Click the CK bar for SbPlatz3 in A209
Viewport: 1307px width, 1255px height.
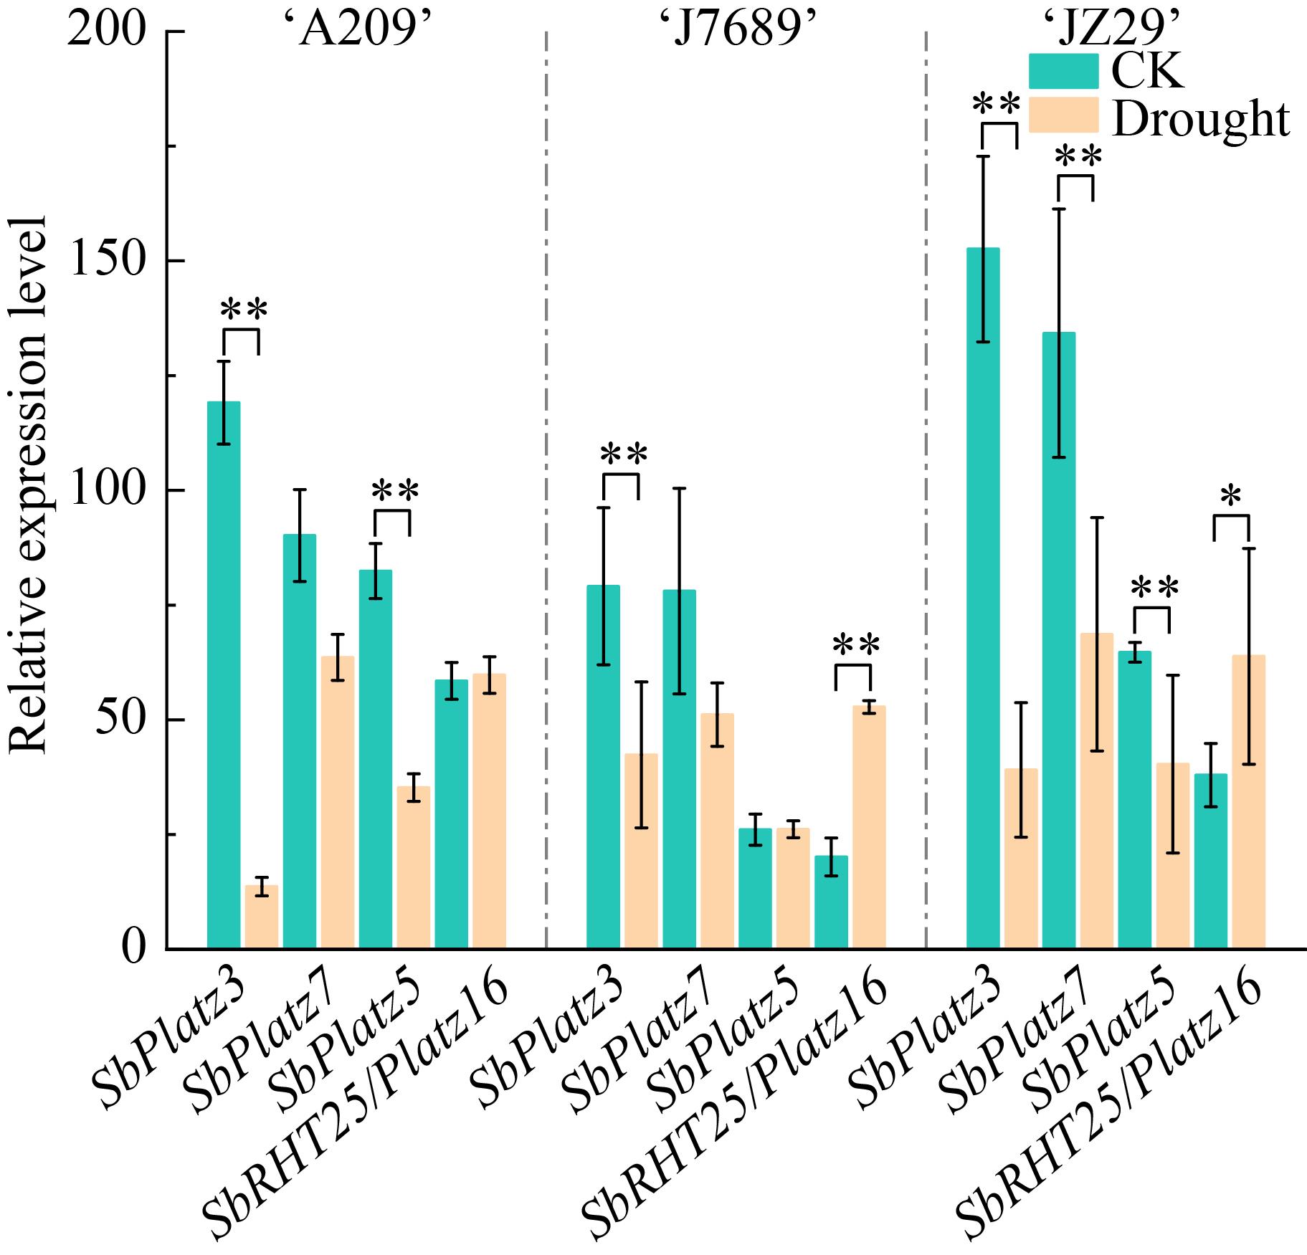[224, 674]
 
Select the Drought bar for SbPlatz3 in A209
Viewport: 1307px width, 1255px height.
[262, 917]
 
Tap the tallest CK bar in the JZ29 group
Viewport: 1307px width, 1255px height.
[983, 598]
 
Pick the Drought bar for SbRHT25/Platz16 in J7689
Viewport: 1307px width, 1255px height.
[869, 827]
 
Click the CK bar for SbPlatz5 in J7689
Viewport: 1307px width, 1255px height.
[755, 888]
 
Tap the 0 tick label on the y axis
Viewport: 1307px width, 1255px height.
[133, 949]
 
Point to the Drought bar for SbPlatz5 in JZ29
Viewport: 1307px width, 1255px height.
[1172, 856]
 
